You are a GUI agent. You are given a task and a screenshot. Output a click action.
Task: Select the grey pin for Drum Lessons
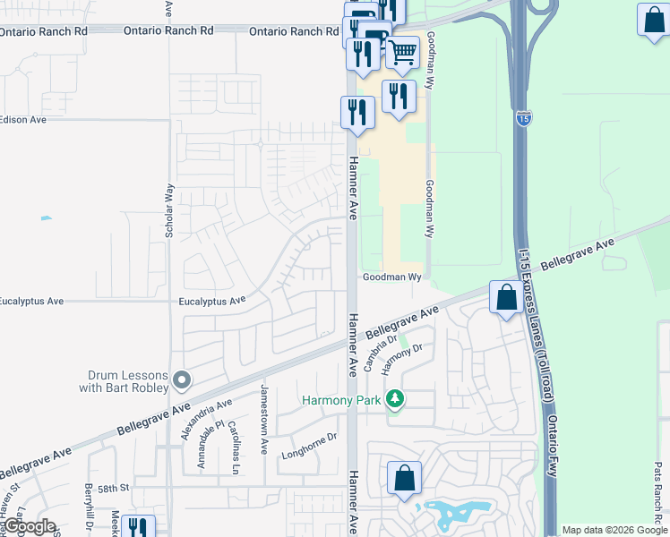pyautogui.click(x=182, y=381)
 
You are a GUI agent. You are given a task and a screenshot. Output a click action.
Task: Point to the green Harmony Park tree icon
pyautogui.click(x=395, y=400)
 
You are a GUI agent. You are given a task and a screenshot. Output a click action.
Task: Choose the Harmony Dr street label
pyautogui.click(x=401, y=360)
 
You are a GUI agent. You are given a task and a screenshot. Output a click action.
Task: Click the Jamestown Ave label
pyautogui.click(x=264, y=420)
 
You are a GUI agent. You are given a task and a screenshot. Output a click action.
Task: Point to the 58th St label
pyautogui.click(x=115, y=489)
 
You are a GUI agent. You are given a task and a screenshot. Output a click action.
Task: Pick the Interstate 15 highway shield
pyautogui.click(x=522, y=117)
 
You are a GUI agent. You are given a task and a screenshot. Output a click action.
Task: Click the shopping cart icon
pyautogui.click(x=402, y=53)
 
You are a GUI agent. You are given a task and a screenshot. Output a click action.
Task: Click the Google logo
pyautogui.click(x=29, y=527)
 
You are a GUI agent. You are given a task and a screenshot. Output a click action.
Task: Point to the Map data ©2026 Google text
pyautogui.click(x=614, y=530)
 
